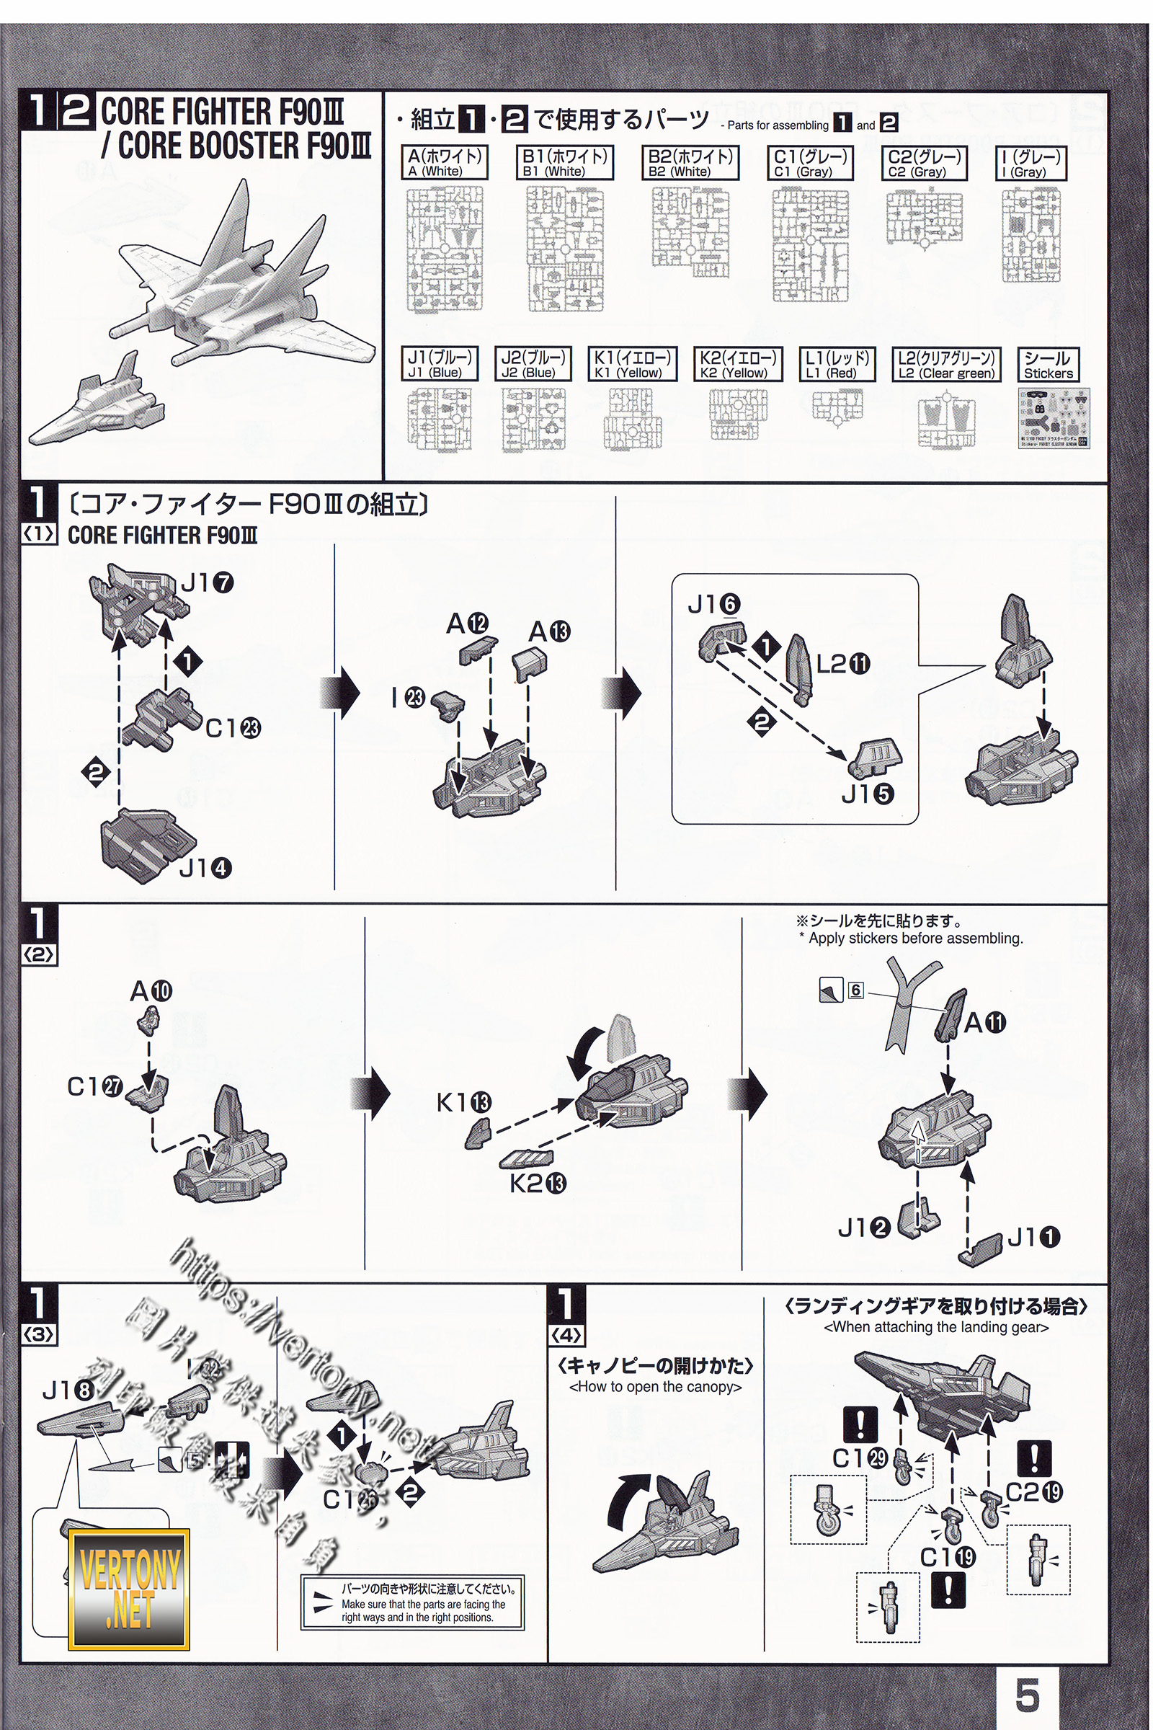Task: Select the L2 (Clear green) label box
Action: (945, 364)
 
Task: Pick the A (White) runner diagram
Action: (445, 249)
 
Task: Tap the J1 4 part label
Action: (205, 868)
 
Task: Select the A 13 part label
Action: (549, 631)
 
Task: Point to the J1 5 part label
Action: (867, 794)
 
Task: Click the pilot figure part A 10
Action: (148, 1021)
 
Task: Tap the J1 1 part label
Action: (1033, 1237)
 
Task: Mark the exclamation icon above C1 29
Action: (860, 1425)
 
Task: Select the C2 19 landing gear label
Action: (1033, 1491)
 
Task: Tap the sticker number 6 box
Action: (855, 990)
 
